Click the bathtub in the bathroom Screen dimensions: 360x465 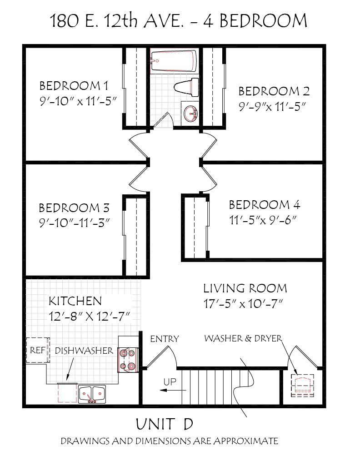point(174,61)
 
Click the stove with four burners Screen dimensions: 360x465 point(128,360)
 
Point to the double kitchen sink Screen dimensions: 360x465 point(92,394)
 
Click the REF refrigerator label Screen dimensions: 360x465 point(38,350)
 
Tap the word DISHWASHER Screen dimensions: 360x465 point(84,351)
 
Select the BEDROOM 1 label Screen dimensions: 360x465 point(74,86)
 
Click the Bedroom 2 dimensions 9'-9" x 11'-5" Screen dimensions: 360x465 point(272,106)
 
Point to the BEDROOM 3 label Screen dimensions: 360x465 point(74,208)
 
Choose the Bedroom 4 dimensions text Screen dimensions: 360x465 point(263,220)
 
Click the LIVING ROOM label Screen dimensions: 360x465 point(245,288)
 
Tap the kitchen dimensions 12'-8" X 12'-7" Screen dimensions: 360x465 point(90,317)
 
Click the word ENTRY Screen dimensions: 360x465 point(165,339)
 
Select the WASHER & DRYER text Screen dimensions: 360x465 point(243,338)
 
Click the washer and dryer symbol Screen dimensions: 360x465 point(302,385)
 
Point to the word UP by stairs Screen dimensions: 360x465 point(170,382)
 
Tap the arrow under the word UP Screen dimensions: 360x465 point(173,391)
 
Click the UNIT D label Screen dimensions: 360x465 point(165,424)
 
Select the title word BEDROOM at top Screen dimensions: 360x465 point(263,21)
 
